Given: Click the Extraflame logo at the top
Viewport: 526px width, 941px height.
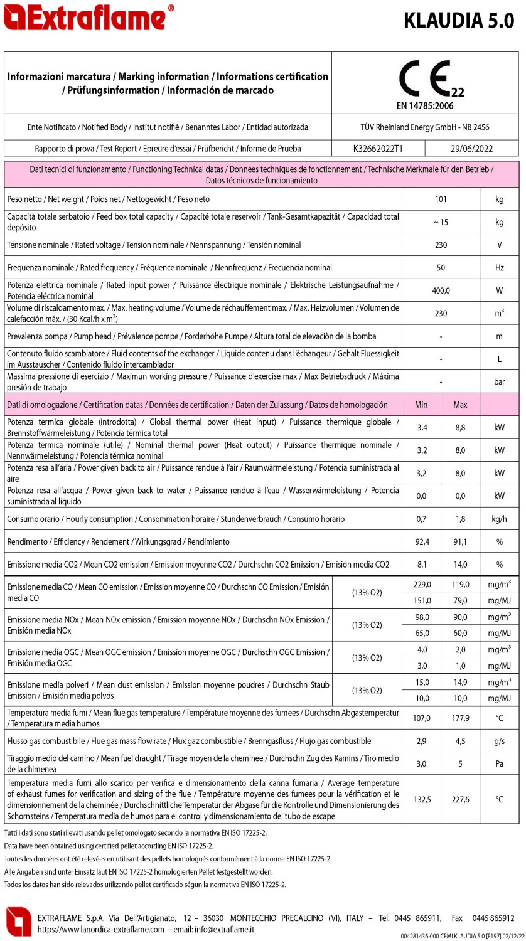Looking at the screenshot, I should click(x=88, y=18).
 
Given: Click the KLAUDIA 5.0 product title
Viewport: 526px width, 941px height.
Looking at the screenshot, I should click(x=459, y=20).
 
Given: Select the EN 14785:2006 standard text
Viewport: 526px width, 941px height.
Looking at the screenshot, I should click(x=425, y=105).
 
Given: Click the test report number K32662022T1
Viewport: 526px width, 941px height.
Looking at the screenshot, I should click(x=378, y=149).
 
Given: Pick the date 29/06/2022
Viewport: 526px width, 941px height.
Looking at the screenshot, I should click(x=471, y=149).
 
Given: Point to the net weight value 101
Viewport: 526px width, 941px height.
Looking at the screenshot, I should click(x=441, y=199).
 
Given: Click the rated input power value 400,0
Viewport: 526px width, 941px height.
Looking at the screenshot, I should click(x=441, y=290).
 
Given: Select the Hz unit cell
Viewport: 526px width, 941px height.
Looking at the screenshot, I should click(x=499, y=268).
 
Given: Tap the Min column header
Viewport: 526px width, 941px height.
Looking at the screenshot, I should click(x=421, y=405).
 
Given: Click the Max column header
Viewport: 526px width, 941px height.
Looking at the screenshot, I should click(x=460, y=405).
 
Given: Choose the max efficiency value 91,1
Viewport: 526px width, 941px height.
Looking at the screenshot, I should click(x=460, y=541).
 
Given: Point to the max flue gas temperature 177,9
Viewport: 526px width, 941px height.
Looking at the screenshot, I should click(x=460, y=718).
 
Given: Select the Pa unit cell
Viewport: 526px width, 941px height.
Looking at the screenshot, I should click(x=499, y=763).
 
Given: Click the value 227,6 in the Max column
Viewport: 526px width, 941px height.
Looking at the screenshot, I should click(x=460, y=800).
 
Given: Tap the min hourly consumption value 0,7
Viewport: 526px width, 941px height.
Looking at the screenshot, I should click(x=421, y=519).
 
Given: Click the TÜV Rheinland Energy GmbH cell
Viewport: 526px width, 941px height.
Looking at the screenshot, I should click(x=425, y=127).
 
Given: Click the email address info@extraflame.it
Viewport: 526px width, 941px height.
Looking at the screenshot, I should click(x=223, y=929).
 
